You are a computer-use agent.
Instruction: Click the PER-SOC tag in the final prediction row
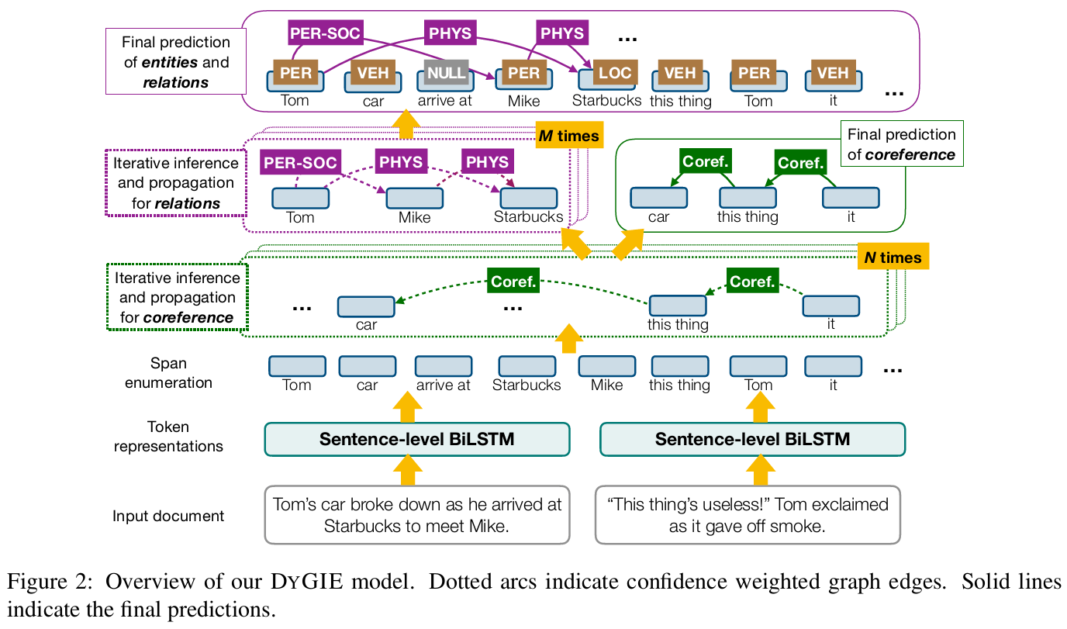[326, 33]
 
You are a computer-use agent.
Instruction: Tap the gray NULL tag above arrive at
[446, 73]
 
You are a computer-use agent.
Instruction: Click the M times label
[569, 136]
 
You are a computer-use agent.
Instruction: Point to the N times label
[893, 257]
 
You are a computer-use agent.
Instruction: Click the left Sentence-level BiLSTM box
[417, 439]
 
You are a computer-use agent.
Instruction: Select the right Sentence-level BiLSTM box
[752, 439]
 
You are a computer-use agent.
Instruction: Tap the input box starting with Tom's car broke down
[417, 514]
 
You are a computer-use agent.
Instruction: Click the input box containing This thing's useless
[748, 514]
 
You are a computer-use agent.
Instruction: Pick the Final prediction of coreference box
[901, 143]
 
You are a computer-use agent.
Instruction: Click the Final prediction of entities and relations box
[177, 62]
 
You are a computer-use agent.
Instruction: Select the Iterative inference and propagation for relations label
[175, 183]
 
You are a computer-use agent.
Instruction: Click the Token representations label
[168, 437]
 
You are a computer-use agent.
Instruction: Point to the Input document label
[168, 517]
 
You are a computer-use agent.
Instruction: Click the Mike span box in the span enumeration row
[606, 366]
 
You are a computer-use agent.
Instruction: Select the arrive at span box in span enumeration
[443, 366]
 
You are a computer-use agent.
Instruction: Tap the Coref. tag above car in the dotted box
[513, 281]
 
